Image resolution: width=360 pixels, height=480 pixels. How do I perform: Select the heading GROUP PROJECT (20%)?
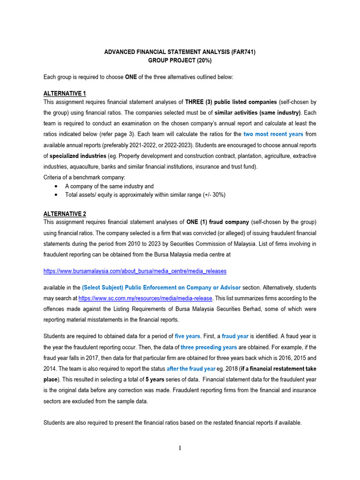coord(180,61)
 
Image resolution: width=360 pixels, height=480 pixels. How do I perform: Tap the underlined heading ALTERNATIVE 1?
coord(65,93)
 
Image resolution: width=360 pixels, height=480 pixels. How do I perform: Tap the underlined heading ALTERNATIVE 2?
coord(65,213)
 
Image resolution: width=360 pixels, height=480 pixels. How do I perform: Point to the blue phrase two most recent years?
coord(273,134)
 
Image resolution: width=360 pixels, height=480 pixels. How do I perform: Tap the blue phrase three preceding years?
coord(209,347)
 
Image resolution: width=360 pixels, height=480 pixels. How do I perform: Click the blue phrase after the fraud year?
coord(191,369)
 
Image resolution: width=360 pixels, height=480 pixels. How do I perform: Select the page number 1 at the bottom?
coord(180,448)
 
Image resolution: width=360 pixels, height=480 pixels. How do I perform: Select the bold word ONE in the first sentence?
coord(131,77)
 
